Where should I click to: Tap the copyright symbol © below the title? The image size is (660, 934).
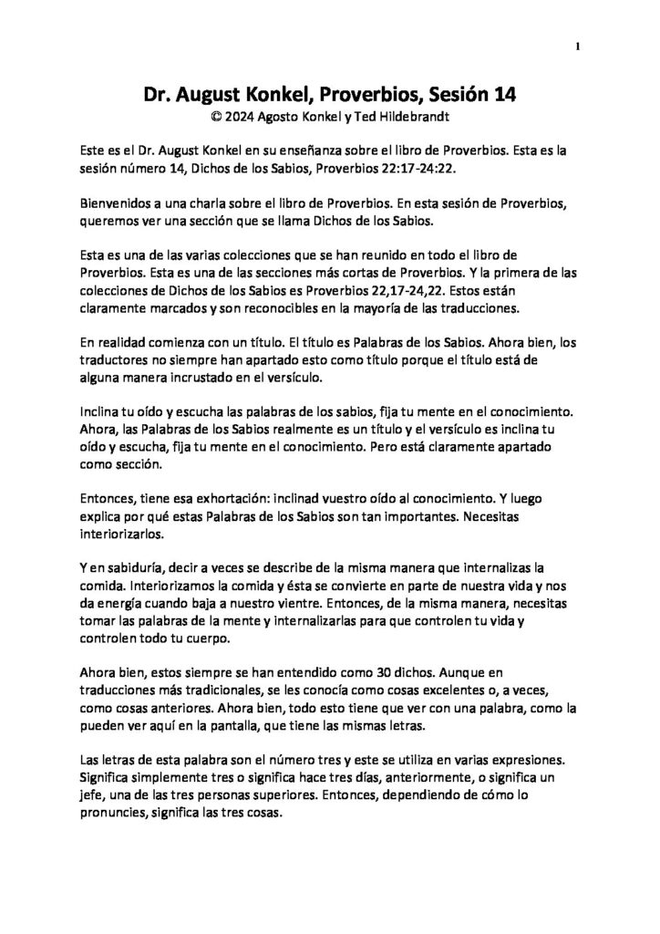(215, 117)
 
